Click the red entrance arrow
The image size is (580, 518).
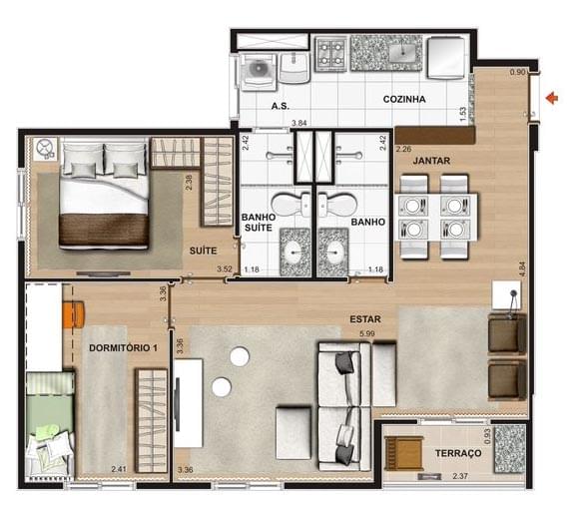552,99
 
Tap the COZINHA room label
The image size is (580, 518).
404,99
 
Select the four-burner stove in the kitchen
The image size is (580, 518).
330,53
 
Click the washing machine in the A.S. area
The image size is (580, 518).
258,72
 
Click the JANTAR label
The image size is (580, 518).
431,161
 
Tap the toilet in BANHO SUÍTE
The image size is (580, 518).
291,205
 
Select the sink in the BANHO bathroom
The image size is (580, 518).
332,253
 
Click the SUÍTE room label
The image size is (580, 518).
203,251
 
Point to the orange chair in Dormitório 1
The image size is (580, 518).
74,314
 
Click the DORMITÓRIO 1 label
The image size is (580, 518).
123,348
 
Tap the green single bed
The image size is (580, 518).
50,424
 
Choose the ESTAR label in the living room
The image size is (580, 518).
365,319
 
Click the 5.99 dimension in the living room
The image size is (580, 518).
367,333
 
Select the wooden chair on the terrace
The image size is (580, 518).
403,452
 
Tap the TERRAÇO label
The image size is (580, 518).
458,453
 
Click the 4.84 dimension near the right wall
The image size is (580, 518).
522,269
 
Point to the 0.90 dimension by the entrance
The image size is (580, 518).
517,73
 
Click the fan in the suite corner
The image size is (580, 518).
45,149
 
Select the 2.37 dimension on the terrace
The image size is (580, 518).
460,476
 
